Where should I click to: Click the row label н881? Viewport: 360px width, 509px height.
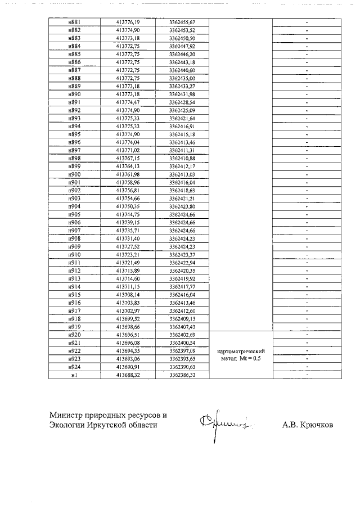74,22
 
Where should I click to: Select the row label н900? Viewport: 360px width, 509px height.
74,175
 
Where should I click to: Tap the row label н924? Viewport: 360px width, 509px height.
74,367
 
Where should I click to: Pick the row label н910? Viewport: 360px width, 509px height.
74,255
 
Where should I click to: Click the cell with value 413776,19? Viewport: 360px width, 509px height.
127,22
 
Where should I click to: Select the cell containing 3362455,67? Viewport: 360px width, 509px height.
182,22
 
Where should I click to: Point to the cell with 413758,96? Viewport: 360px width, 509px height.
127,183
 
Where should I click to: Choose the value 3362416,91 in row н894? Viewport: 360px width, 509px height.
182,128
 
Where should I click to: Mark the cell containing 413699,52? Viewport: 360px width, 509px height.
127,318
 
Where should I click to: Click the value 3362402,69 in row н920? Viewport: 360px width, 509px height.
182,335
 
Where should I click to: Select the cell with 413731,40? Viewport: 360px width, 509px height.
127,239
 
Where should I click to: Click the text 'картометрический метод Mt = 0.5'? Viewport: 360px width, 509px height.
240,354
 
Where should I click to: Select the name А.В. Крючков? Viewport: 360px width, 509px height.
307,425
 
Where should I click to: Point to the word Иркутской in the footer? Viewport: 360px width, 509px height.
110,425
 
